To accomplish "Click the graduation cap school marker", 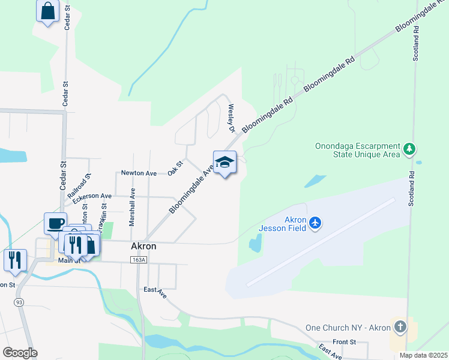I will pos(224,162).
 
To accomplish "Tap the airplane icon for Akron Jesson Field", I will pos(316,224).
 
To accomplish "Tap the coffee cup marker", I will pos(56,223).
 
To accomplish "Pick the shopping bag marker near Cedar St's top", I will pos(48,10).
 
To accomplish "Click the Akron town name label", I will pos(143,246).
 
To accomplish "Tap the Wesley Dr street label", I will pos(230,118).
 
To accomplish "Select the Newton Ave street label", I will pos(139,173).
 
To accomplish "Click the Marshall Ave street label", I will pos(132,206).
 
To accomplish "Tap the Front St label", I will pos(345,341).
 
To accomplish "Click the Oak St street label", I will pos(175,167).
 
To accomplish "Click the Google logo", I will pos(20,352).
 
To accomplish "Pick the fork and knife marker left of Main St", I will pos(14,259).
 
